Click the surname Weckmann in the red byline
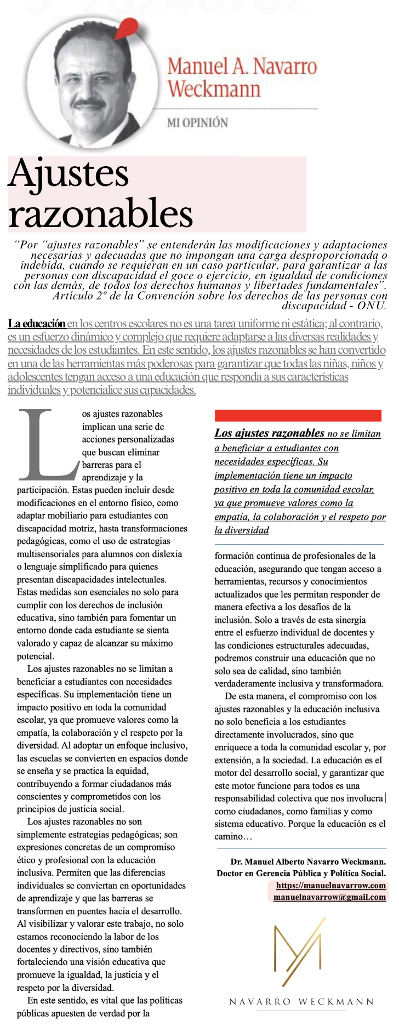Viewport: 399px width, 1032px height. (x=214, y=89)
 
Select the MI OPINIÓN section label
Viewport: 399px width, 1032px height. (x=197, y=122)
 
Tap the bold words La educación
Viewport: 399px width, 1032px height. (x=36, y=324)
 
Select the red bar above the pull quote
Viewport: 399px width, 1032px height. (x=298, y=415)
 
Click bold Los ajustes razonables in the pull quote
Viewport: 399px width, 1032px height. (x=269, y=433)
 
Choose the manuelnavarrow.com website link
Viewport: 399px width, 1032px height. (x=330, y=885)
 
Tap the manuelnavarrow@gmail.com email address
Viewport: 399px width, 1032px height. (x=329, y=897)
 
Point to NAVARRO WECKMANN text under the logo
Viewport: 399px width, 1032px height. (x=301, y=1001)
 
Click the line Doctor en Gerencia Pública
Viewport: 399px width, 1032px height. (x=301, y=873)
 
